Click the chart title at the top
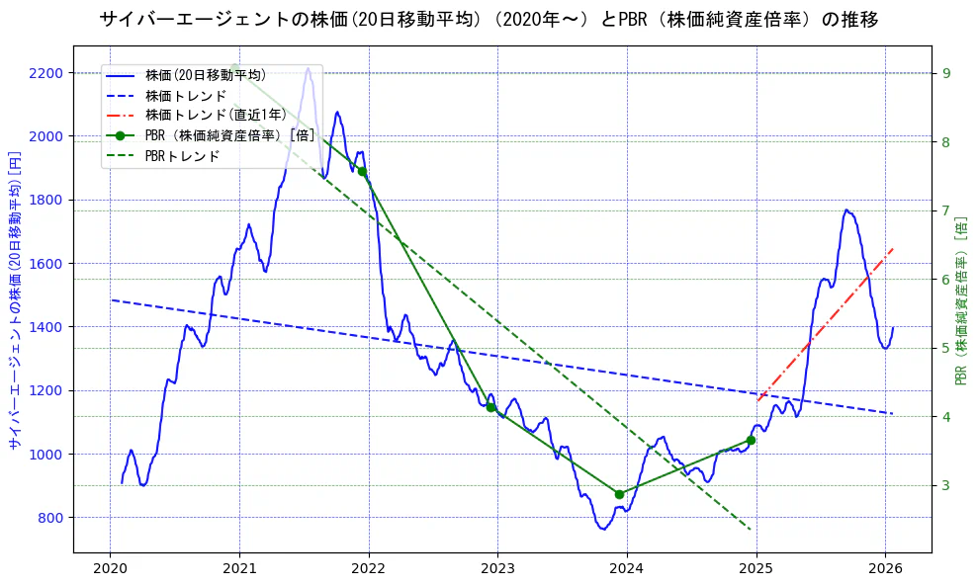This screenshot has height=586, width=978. click(x=489, y=20)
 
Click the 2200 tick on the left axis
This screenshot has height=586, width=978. click(x=45, y=73)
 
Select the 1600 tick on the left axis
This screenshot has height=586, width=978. click(x=45, y=264)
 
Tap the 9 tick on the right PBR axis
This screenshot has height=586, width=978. click(x=946, y=73)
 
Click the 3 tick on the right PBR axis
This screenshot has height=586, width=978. click(x=946, y=485)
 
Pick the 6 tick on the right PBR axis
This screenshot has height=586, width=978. click(x=946, y=280)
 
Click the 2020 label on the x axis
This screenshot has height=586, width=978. click(x=110, y=568)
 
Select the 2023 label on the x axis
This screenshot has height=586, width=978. click(x=497, y=568)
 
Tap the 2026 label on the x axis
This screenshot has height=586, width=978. click(x=885, y=568)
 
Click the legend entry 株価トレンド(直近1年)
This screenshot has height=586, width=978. click(x=216, y=116)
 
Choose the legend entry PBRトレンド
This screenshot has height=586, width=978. click(x=182, y=156)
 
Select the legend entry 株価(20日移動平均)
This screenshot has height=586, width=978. click(x=205, y=75)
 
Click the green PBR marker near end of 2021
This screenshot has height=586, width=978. click(x=362, y=171)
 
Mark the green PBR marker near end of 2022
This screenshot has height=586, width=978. click(x=490, y=407)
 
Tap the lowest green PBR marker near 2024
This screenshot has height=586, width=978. click(x=619, y=494)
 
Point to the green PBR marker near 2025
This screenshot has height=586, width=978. click(x=751, y=440)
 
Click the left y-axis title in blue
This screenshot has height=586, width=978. click(x=15, y=300)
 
